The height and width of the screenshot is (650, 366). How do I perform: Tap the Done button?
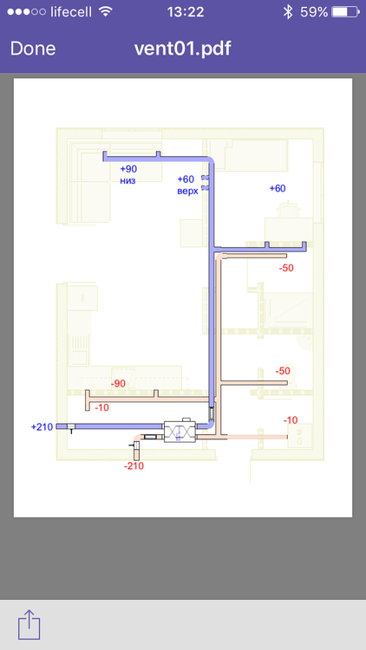pyautogui.click(x=33, y=49)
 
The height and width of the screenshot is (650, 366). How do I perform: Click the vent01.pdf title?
pyautogui.click(x=182, y=49)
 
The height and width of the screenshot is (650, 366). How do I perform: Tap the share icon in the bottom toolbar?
pyautogui.click(x=29, y=624)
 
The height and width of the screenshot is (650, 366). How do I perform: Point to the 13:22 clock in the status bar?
pyautogui.click(x=185, y=12)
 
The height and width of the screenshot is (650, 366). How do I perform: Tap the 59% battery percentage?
pyautogui.click(x=314, y=12)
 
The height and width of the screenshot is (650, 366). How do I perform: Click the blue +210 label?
pyautogui.click(x=42, y=426)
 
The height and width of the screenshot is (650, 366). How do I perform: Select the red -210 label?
pyautogui.click(x=134, y=466)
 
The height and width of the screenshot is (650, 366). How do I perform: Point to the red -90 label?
pyautogui.click(x=118, y=383)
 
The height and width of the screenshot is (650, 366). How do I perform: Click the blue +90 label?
pyautogui.click(x=128, y=169)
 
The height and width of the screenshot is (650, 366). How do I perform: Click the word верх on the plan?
pyautogui.click(x=187, y=191)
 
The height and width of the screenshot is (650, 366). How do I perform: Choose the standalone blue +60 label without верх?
pyautogui.click(x=278, y=188)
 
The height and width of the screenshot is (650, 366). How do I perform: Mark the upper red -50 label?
pyautogui.click(x=286, y=269)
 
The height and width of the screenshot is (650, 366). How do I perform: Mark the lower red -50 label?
pyautogui.click(x=283, y=371)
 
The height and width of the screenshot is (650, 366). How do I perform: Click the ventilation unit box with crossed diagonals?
pyautogui.click(x=181, y=432)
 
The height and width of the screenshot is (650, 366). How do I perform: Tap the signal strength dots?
pyautogui.click(x=23, y=12)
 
